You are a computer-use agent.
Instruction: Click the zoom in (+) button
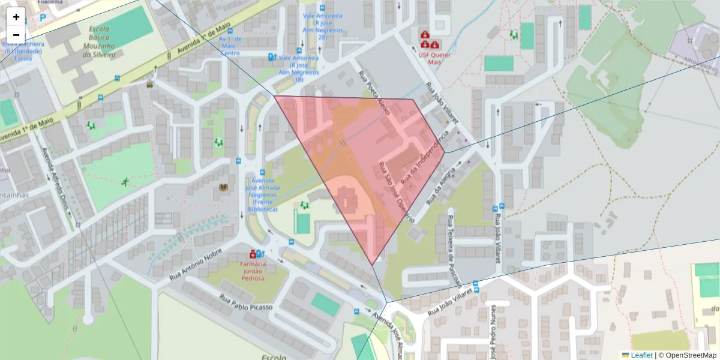click(x=16, y=17)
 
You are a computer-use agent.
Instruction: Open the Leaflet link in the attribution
click(x=641, y=355)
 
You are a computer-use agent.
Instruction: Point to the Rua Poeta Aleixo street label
click(x=373, y=89)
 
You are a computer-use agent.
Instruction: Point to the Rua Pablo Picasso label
click(x=245, y=302)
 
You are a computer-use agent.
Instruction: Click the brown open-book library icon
click(x=224, y=188)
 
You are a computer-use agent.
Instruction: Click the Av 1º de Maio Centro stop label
click(x=230, y=46)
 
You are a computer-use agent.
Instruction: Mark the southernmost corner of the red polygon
click(x=373, y=265)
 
